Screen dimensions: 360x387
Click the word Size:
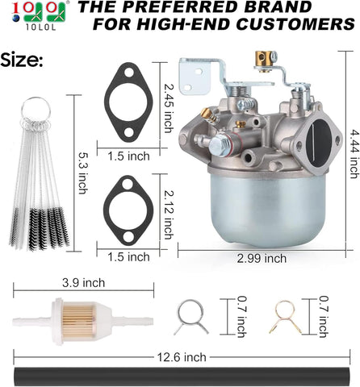point(22,60)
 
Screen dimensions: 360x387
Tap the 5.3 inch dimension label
point(82,173)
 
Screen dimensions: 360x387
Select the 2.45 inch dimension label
point(169,108)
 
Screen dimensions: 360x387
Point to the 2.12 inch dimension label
point(169,214)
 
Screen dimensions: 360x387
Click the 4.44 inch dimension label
point(354,154)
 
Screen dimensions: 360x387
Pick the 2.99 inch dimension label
point(262,259)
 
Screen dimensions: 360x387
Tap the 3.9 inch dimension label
point(83,283)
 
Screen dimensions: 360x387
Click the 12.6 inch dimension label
point(182,357)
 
